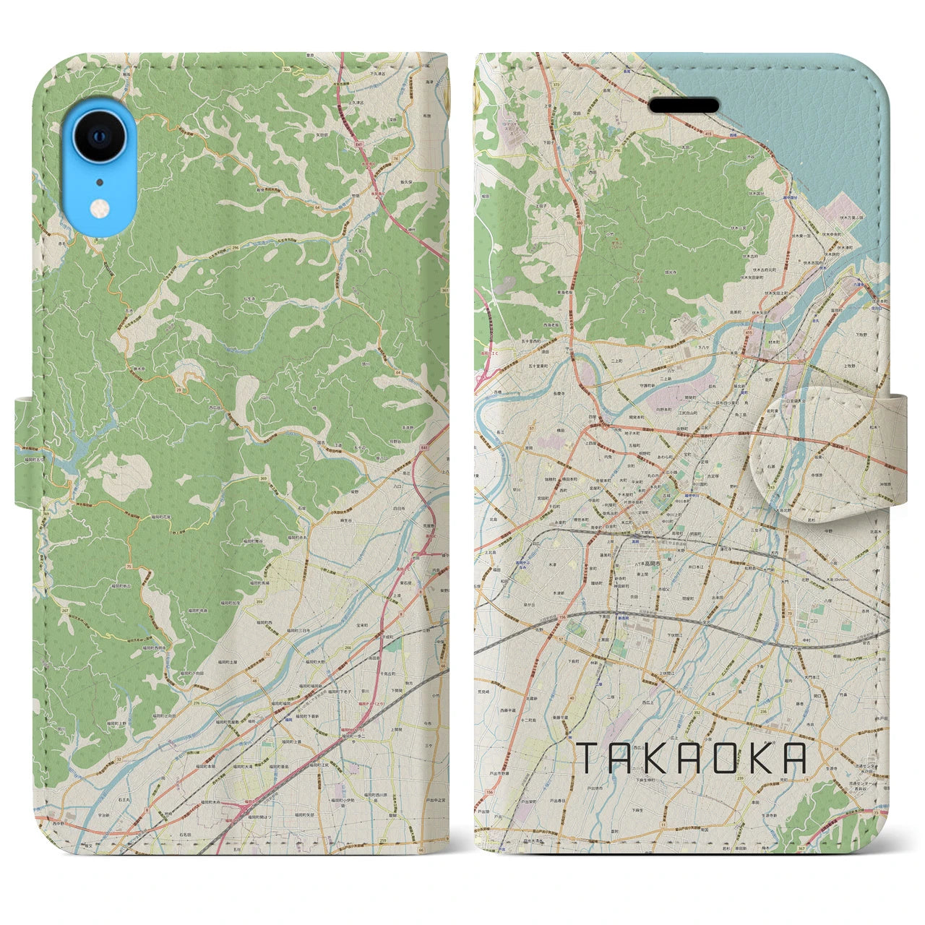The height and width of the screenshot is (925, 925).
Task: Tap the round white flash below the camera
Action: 99,209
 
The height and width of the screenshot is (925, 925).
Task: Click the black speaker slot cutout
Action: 684,106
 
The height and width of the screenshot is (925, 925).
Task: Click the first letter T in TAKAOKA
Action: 585,758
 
